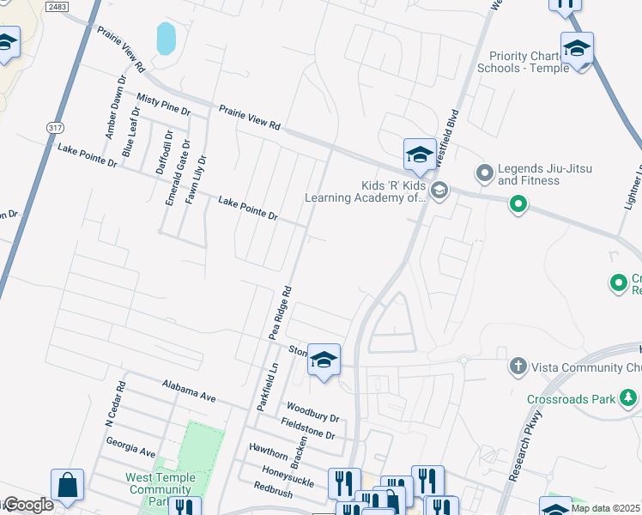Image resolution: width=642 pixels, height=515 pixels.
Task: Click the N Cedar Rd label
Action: pos(114,406)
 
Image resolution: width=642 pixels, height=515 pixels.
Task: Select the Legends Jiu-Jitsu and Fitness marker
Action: pos(485,174)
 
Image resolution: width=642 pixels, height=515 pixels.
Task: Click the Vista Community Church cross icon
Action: pos(518,367)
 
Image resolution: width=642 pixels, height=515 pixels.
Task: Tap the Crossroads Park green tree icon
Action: pos(629,398)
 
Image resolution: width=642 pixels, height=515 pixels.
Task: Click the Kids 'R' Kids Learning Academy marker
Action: pos(439,191)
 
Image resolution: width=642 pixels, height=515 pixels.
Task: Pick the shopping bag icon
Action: pos(67,485)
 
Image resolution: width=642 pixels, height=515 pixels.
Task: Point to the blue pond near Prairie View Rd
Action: pos(166,38)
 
